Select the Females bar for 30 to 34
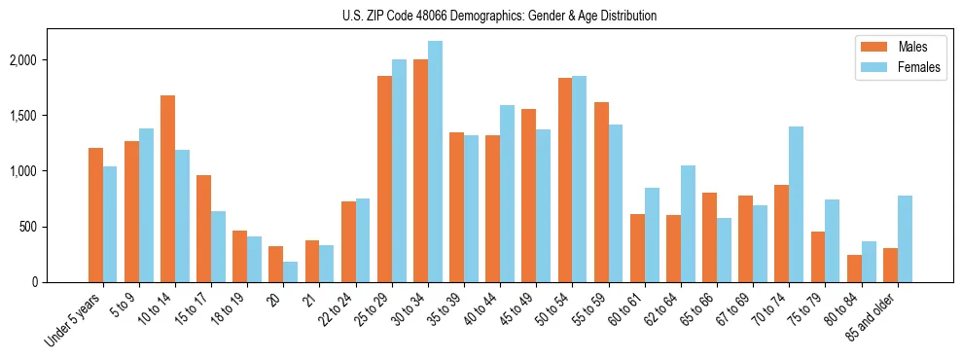435,162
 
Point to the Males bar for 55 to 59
601,192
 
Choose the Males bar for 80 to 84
854,269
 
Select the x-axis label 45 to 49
519,309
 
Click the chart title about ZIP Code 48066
500,16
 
